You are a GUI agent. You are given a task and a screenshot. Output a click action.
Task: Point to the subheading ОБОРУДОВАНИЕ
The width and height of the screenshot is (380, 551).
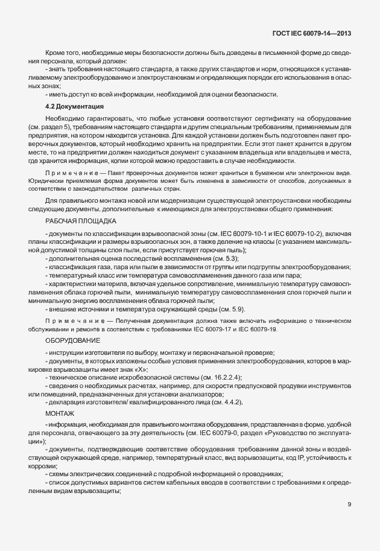pos(71,341)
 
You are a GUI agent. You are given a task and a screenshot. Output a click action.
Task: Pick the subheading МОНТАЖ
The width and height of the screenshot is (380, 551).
pos(60,413)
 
